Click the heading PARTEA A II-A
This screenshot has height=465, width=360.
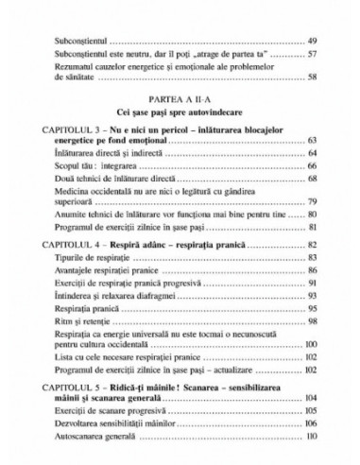(180, 97)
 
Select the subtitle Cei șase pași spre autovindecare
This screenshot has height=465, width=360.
(180, 112)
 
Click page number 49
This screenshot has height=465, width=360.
(313, 43)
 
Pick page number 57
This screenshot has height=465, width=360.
(313, 57)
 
